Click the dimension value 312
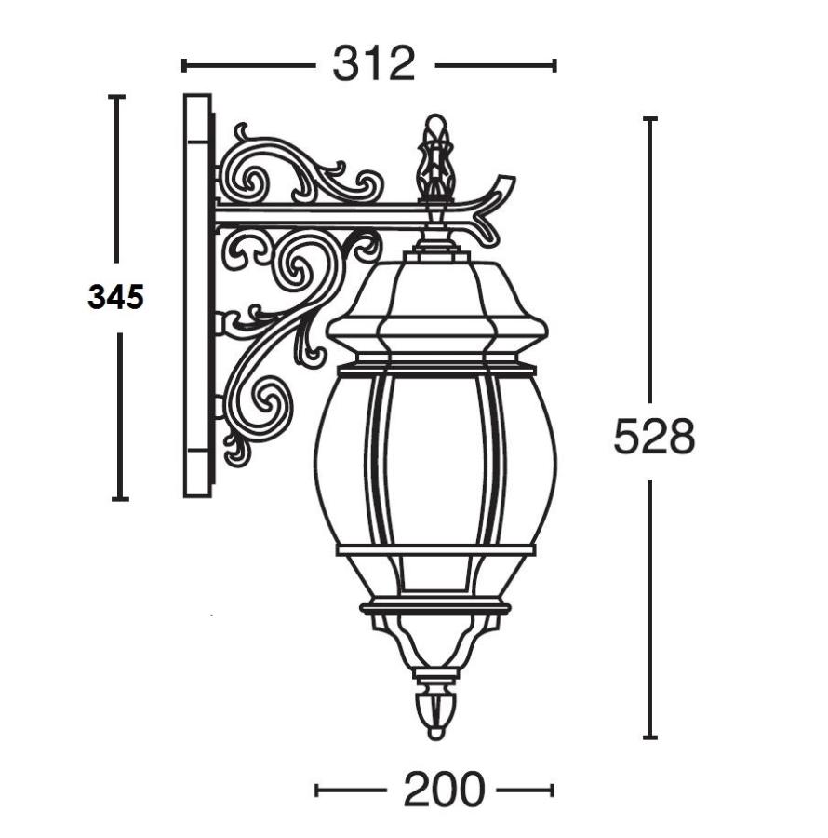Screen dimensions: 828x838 374,64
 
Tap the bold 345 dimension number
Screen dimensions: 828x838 116,297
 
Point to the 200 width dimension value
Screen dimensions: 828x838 444,790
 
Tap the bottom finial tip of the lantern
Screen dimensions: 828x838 436,713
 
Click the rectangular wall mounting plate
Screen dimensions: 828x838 197,296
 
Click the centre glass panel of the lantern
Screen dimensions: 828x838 436,460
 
